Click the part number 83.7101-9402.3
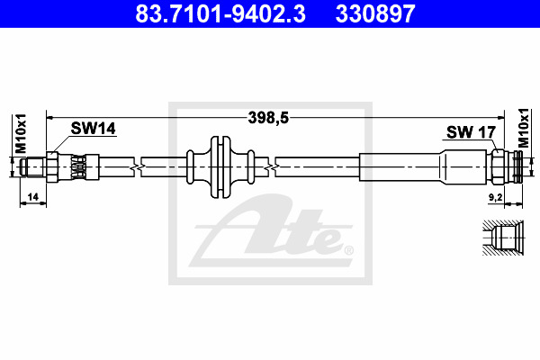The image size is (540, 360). (x=220, y=13)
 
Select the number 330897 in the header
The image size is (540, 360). (x=375, y=13)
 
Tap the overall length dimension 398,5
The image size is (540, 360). (x=268, y=118)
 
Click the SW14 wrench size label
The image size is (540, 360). (x=93, y=129)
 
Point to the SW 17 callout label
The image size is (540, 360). (x=471, y=132)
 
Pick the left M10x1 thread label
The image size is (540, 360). (x=21, y=133)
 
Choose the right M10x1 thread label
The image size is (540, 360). (x=523, y=128)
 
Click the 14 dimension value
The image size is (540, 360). (x=32, y=197)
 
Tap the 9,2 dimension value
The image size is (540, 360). (x=496, y=197)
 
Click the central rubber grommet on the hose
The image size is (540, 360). (x=220, y=167)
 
